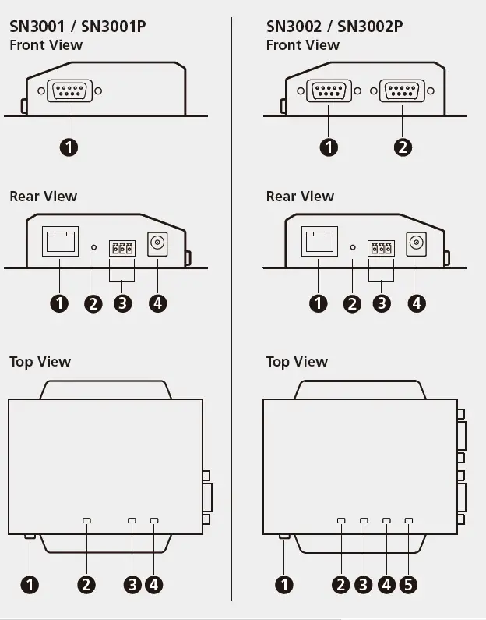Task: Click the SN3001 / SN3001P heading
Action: [x=77, y=27]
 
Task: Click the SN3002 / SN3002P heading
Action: [x=334, y=27]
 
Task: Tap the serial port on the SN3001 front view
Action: [x=69, y=91]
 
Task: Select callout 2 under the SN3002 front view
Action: [x=403, y=147]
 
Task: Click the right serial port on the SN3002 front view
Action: [x=402, y=91]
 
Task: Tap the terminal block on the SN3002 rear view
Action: [x=382, y=249]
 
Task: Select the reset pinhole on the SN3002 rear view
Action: [x=353, y=247]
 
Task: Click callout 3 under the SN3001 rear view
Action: [x=122, y=303]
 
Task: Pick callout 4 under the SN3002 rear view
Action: [x=417, y=303]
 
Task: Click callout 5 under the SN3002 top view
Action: [x=408, y=584]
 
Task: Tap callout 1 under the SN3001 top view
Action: [x=30, y=584]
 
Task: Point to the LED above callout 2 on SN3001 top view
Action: [x=86, y=520]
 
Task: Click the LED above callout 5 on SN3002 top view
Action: [x=409, y=520]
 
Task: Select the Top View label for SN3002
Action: [x=297, y=362]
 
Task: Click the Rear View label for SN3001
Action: [x=44, y=197]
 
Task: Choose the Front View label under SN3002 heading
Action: [x=302, y=45]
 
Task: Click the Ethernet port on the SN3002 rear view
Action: [x=319, y=242]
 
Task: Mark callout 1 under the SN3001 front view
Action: [x=69, y=147]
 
